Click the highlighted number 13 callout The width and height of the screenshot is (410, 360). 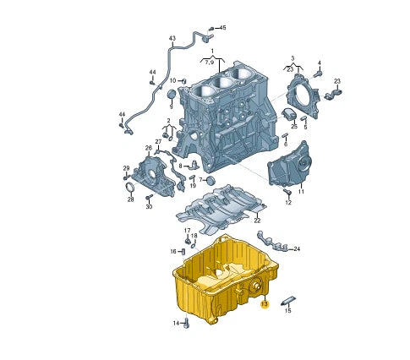click(265, 303)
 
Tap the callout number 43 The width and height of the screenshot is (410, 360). click(172, 39)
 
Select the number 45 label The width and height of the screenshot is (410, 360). click(222, 28)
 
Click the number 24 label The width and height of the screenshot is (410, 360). click(297, 249)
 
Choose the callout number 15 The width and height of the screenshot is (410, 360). click(287, 311)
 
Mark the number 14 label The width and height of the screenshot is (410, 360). click(178, 323)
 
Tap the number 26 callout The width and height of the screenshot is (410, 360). click(148, 149)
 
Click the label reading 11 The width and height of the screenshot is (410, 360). click(300, 192)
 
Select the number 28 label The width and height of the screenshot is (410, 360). click(130, 199)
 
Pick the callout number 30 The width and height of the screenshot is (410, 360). click(148, 206)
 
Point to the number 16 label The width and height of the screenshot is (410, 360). click(172, 251)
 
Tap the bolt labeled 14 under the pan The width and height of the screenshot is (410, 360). click(188, 322)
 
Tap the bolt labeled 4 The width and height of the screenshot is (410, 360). click(320, 73)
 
